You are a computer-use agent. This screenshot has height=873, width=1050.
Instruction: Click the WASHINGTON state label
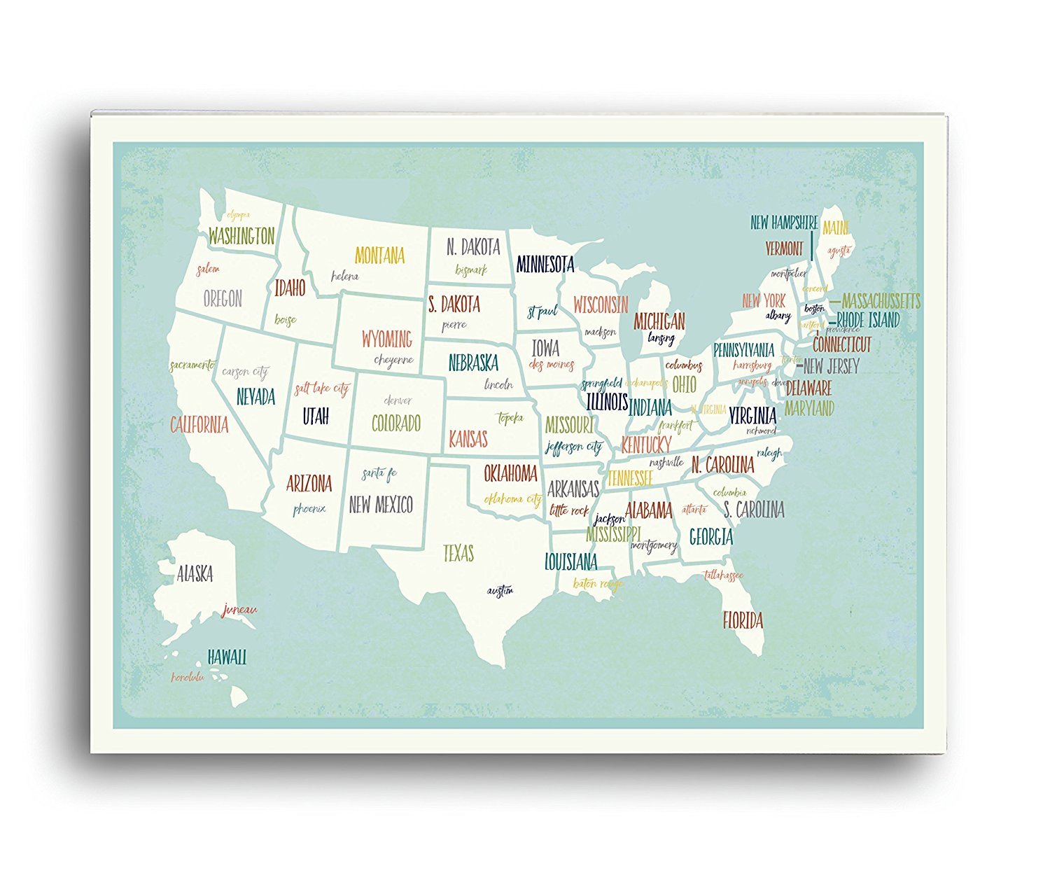pos(241,236)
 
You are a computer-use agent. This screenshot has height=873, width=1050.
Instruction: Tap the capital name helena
pos(344,276)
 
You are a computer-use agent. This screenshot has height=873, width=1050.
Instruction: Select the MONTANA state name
pos(379,256)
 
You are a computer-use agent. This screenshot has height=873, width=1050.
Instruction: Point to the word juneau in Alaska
pos(239,610)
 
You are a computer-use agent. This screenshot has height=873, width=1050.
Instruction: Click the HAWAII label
pos(227,657)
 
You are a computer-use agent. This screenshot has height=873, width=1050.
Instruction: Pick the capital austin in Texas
pos(500,591)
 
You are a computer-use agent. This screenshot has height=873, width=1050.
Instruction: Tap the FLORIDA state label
pos(743,620)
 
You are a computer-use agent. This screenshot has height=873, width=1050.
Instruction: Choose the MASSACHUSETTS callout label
pos(881,301)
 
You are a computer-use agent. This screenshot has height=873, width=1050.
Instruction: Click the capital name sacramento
pos(192,365)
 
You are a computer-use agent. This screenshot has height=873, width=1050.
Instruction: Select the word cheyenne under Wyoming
pos(393,361)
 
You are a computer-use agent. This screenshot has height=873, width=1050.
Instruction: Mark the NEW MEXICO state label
pos(381,505)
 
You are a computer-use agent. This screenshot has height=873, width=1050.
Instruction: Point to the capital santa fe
pos(379,474)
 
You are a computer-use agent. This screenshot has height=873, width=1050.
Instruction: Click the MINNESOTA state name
pos(545,265)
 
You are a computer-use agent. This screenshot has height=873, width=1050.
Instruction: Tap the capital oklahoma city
pos(512,499)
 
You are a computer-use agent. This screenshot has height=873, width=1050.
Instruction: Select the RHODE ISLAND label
pos(868,320)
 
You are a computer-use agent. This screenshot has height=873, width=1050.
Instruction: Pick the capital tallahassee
pos(723,575)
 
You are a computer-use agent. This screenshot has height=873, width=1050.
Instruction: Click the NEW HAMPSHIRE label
pos(784,223)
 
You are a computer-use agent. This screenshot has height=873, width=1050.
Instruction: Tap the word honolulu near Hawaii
pos(188,677)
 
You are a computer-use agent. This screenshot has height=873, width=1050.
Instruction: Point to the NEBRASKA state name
pos(473,363)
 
